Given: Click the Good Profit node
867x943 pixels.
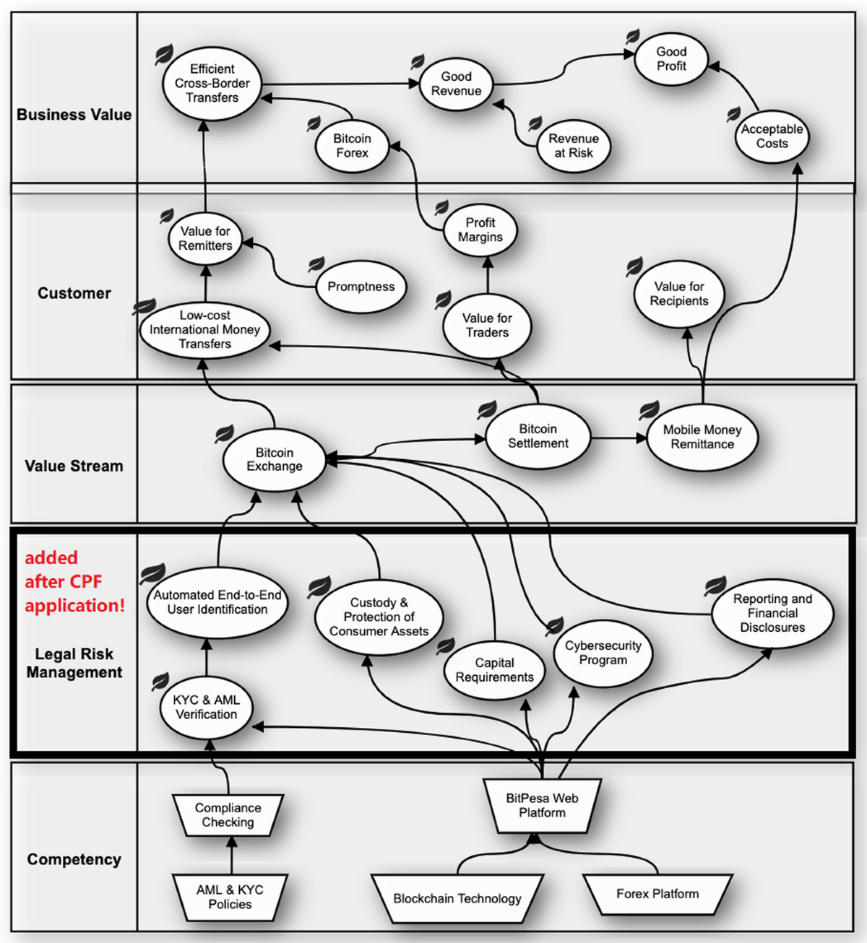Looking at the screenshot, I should [x=670, y=59].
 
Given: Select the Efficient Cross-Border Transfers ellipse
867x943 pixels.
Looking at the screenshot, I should [x=212, y=84].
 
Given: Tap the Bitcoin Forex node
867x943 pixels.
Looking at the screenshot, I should [x=352, y=146].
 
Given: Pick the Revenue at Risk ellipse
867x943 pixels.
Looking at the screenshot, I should [x=573, y=146].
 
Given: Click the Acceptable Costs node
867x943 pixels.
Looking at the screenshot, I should [x=772, y=136].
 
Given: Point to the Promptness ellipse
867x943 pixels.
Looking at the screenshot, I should [x=361, y=287].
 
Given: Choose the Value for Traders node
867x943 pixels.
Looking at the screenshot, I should [x=487, y=326].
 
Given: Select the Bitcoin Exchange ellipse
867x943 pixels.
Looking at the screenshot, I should [x=275, y=460].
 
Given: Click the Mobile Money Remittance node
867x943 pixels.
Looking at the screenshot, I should [x=702, y=438].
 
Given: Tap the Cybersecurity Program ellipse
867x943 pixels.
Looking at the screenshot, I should [x=603, y=653].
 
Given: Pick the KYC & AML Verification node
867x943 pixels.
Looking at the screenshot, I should [x=206, y=708].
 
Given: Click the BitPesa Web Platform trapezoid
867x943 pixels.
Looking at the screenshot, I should [x=542, y=806].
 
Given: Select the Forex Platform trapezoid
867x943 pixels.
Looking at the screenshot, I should [x=657, y=894].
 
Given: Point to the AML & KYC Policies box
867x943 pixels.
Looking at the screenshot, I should [x=230, y=898].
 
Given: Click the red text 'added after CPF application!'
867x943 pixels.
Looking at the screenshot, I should [x=74, y=582].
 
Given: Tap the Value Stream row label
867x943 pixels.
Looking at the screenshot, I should [x=74, y=466].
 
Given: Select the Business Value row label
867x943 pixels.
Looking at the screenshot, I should [x=74, y=115].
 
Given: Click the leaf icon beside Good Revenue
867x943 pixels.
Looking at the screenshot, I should [x=418, y=61].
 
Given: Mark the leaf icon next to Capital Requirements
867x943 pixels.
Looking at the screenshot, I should [x=446, y=645].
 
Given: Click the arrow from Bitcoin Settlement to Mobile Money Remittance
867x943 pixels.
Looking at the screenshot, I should [x=618, y=438].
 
